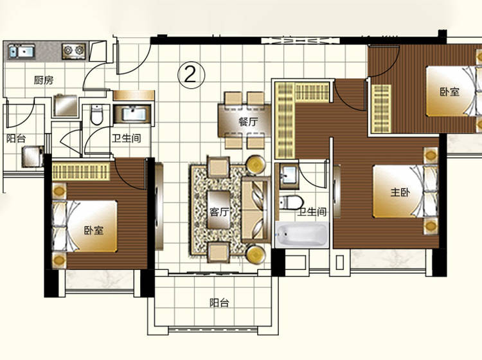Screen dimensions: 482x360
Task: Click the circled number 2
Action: [x=191, y=75]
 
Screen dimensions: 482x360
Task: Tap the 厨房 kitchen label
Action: [x=44, y=80]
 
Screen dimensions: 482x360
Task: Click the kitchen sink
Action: [x=21, y=51]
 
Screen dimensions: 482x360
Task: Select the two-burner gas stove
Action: [x=74, y=51]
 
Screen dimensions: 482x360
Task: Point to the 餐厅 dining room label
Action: [x=248, y=122]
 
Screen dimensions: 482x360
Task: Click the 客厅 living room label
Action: [x=219, y=212]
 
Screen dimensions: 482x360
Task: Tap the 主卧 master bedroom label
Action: [x=400, y=192]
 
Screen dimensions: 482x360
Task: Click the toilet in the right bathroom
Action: [x=291, y=203]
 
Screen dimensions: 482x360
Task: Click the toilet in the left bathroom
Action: [x=96, y=115]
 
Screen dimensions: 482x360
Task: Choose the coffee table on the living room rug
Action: [x=219, y=210]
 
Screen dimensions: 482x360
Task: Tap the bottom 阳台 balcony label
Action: [x=219, y=303]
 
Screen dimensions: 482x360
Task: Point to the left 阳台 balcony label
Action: [x=16, y=138]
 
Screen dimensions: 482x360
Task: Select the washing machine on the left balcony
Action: [x=33, y=156]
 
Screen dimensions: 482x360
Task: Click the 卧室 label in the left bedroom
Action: [x=94, y=230]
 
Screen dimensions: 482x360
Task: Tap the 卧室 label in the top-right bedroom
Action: [x=449, y=92]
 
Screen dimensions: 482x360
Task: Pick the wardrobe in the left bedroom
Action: [x=81, y=171]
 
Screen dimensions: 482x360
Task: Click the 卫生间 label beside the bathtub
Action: [x=312, y=212]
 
